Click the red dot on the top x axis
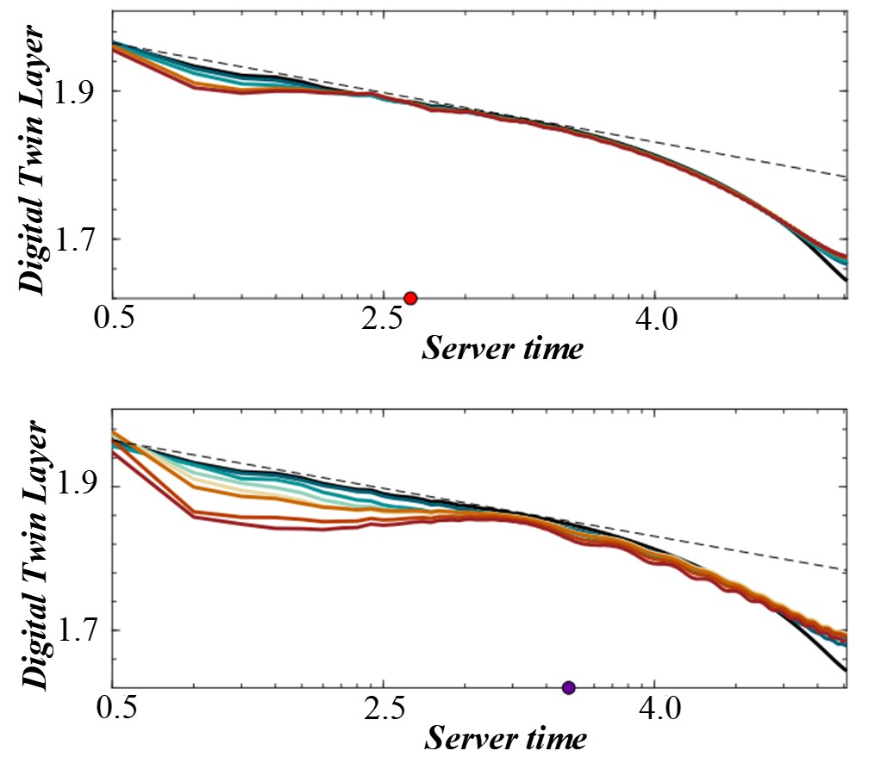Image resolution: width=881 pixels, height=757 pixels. pos(410,298)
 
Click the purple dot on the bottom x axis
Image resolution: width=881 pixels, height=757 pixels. pos(568,687)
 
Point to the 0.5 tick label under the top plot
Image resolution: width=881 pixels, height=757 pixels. pos(115,322)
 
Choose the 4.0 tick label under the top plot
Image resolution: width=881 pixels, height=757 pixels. pos(655,322)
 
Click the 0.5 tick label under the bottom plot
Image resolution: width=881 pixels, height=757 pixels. pos(115,711)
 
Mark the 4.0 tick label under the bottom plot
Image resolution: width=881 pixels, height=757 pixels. pos(655,711)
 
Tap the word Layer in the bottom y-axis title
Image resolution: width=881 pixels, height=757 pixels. pos(37,456)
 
